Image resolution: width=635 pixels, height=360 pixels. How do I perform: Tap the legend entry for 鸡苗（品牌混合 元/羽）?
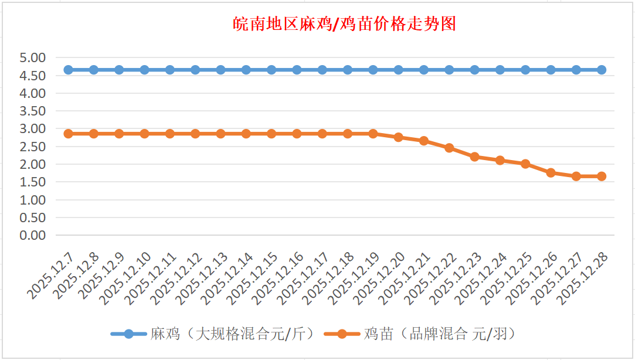pyautogui.click(x=440, y=334)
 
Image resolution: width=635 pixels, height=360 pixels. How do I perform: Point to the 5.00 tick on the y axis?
pyautogui.click(x=33, y=58)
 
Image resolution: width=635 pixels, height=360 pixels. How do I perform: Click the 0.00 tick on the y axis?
pyautogui.click(x=33, y=235)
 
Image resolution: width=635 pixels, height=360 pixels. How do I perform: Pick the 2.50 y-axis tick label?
pyautogui.click(x=33, y=147)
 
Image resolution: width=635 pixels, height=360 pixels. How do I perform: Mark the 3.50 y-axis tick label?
pyautogui.click(x=33, y=111)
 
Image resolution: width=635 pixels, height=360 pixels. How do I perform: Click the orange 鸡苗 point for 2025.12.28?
pyautogui.click(x=601, y=176)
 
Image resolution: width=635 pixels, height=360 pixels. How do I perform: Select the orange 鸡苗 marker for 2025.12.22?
pyautogui.click(x=449, y=148)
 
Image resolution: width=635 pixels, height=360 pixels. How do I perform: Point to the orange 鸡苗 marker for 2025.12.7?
pyautogui.click(x=68, y=134)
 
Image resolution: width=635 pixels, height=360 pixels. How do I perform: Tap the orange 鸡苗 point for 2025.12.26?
pyautogui.click(x=551, y=172)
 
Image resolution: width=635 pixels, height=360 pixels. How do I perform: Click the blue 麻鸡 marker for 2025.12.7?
pyautogui.click(x=68, y=70)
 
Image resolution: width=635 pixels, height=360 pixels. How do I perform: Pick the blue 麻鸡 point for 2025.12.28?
pyautogui.click(x=601, y=70)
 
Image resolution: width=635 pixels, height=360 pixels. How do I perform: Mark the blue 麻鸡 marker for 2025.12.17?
pyautogui.click(x=322, y=70)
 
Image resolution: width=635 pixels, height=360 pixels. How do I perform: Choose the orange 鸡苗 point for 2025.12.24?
pyautogui.click(x=500, y=160)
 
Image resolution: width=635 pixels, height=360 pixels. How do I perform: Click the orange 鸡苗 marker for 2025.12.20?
pyautogui.click(x=398, y=137)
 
